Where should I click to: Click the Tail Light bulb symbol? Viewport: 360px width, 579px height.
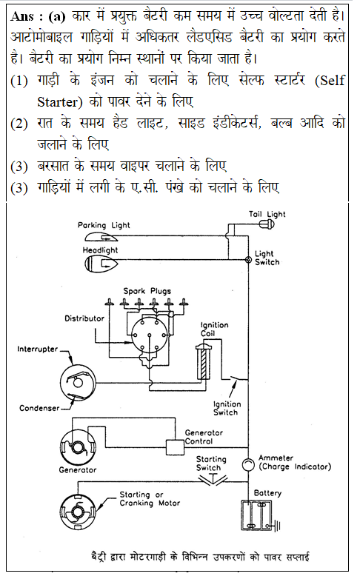coord(267,224)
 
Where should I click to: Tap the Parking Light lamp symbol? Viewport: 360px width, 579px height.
coord(97,237)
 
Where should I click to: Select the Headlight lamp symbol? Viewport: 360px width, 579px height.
coord(101,264)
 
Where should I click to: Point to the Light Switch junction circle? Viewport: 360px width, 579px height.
coord(248,260)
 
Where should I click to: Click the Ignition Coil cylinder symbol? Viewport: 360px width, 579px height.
coord(204,361)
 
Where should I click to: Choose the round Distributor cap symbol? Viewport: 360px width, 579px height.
coord(150,335)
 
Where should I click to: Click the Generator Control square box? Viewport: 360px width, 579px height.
coord(175,446)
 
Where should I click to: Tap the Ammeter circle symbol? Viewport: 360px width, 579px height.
coord(248,464)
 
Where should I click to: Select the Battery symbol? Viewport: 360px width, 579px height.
coord(259,515)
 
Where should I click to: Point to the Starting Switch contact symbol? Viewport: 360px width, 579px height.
coord(213,479)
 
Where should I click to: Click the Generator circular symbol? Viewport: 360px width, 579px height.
coord(78,447)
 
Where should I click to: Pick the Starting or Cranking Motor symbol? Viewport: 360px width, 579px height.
coord(78,512)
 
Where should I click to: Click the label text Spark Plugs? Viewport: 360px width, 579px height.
coord(147,291)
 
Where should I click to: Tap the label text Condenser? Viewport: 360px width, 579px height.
coord(39,408)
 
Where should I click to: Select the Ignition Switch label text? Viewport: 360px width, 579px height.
coord(227,409)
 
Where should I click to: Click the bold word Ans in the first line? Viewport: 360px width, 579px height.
coord(22,16)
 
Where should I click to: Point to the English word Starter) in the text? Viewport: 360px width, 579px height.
coord(60,102)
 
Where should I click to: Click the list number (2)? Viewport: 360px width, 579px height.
coord(19,124)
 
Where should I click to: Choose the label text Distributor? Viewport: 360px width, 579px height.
coord(84,318)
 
